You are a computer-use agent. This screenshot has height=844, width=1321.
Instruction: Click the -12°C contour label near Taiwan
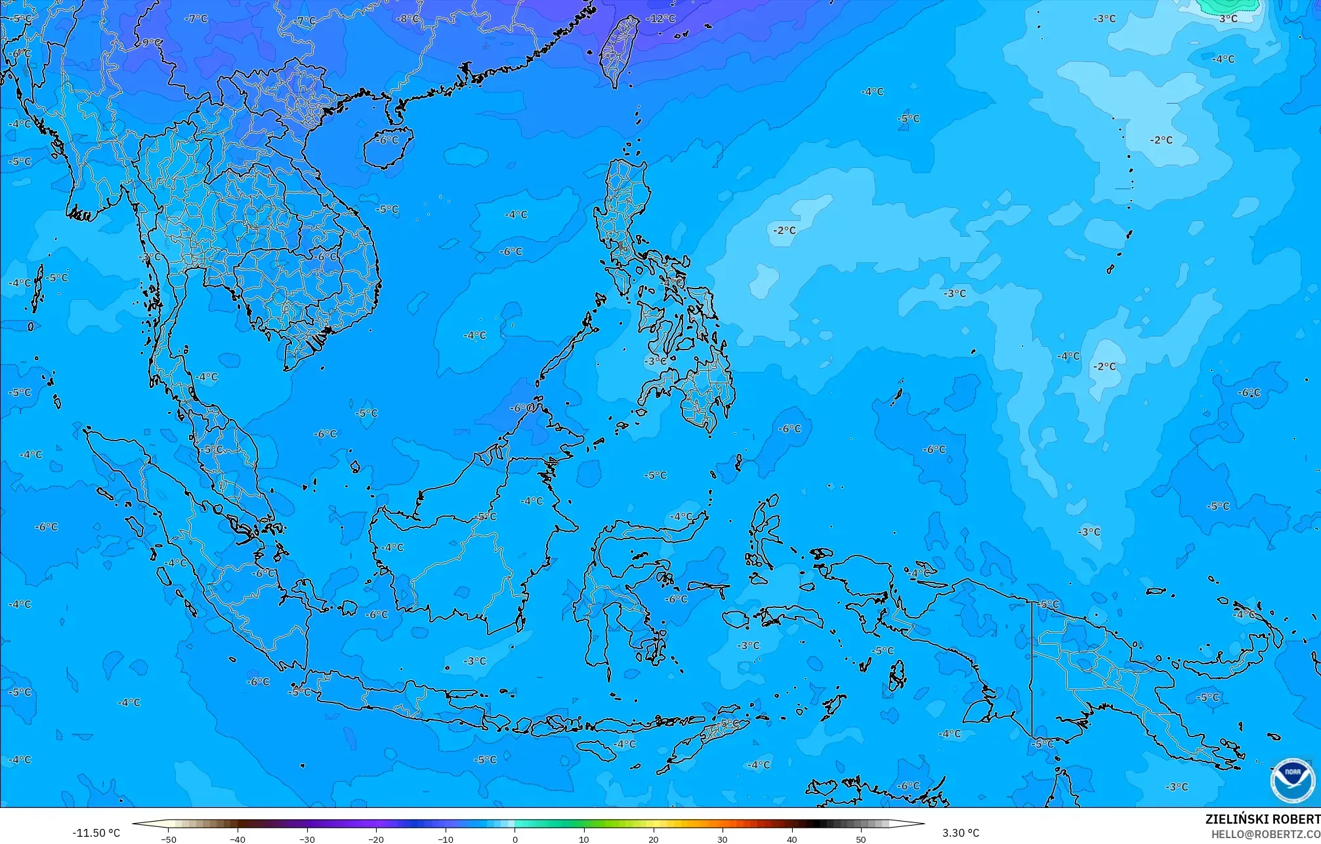pyautogui.click(x=660, y=18)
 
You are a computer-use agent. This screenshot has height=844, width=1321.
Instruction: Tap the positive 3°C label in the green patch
pyautogui.click(x=1228, y=18)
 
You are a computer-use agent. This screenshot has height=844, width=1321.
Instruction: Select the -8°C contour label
pyautogui.click(x=408, y=18)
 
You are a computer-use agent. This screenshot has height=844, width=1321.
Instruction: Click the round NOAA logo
pyautogui.click(x=1292, y=780)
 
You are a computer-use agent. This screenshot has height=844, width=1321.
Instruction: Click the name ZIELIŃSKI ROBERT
pyautogui.click(x=1262, y=819)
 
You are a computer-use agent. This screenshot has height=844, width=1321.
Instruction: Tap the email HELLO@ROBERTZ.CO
pyautogui.click(x=1265, y=834)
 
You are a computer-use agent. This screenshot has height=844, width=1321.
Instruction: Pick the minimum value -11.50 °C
pyautogui.click(x=96, y=833)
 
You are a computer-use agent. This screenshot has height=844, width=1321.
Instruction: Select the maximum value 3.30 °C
pyautogui.click(x=961, y=833)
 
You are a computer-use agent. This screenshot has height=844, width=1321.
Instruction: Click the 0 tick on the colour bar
pyautogui.click(x=514, y=839)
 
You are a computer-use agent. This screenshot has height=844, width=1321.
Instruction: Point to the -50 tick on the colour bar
pyautogui.click(x=169, y=839)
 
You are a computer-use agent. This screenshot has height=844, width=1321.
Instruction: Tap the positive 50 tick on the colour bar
pyautogui.click(x=861, y=839)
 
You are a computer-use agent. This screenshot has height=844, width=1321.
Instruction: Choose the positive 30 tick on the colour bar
pyautogui.click(x=723, y=839)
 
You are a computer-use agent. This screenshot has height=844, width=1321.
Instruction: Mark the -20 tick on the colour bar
pyautogui.click(x=376, y=839)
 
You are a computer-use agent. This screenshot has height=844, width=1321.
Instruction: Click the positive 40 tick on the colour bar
pyautogui.click(x=792, y=839)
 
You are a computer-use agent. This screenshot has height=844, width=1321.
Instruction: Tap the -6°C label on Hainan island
pyautogui.click(x=387, y=140)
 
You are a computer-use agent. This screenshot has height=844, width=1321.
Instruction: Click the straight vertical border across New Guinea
pyautogui.click(x=1032, y=669)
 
